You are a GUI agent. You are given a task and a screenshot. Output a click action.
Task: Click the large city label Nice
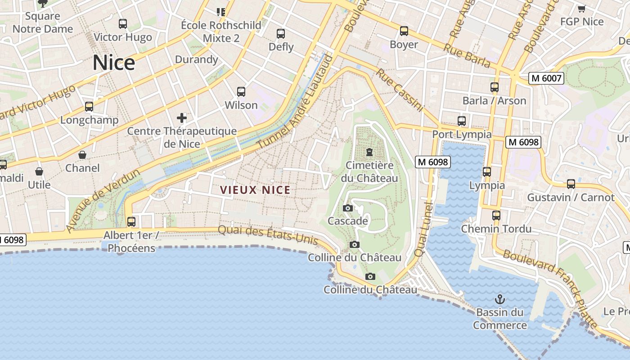click(x=113, y=63)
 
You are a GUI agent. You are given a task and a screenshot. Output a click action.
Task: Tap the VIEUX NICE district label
click(x=255, y=190)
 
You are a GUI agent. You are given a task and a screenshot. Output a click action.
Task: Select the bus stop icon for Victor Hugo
click(x=122, y=24)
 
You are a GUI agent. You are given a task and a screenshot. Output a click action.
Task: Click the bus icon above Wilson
click(x=241, y=92)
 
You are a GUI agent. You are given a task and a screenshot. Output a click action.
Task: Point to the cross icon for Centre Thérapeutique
click(x=182, y=118)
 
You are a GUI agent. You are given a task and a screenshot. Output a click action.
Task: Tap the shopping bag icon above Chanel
click(x=82, y=155)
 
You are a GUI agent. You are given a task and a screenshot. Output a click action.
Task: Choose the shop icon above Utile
click(x=39, y=171)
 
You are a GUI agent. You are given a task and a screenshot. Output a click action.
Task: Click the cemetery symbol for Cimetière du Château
click(x=369, y=152)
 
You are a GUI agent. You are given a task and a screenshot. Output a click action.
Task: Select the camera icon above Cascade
click(x=347, y=208)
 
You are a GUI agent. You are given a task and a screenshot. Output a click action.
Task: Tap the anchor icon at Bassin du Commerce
click(x=499, y=299)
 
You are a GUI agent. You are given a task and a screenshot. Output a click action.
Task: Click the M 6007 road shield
click(x=546, y=78)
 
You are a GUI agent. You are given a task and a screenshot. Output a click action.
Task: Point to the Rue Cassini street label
click(x=400, y=90)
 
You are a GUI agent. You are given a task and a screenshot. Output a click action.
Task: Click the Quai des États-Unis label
click(x=268, y=235)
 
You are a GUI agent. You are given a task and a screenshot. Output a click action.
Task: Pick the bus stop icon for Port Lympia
click(x=462, y=121)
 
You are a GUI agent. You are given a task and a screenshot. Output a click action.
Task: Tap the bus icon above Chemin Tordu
click(x=496, y=216)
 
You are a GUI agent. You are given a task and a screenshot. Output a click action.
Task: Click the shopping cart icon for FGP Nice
click(x=581, y=9)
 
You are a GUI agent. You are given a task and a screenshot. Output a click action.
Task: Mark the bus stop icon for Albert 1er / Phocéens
click(x=131, y=222)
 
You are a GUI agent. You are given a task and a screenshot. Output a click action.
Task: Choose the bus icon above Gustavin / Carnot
click(x=571, y=184)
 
